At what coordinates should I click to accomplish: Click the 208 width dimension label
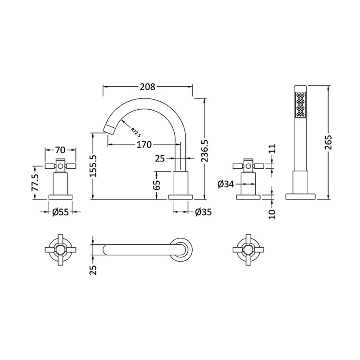(x=148, y=87)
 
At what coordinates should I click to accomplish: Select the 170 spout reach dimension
(x=144, y=144)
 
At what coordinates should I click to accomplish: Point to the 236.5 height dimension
(x=205, y=151)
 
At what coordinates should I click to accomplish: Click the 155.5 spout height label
(x=93, y=166)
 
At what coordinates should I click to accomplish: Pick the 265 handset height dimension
(x=328, y=142)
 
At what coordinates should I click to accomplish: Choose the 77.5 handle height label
(x=36, y=183)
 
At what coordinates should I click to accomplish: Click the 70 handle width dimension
(x=60, y=150)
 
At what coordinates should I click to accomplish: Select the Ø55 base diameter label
(x=60, y=212)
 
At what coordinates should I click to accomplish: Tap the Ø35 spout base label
(x=203, y=212)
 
